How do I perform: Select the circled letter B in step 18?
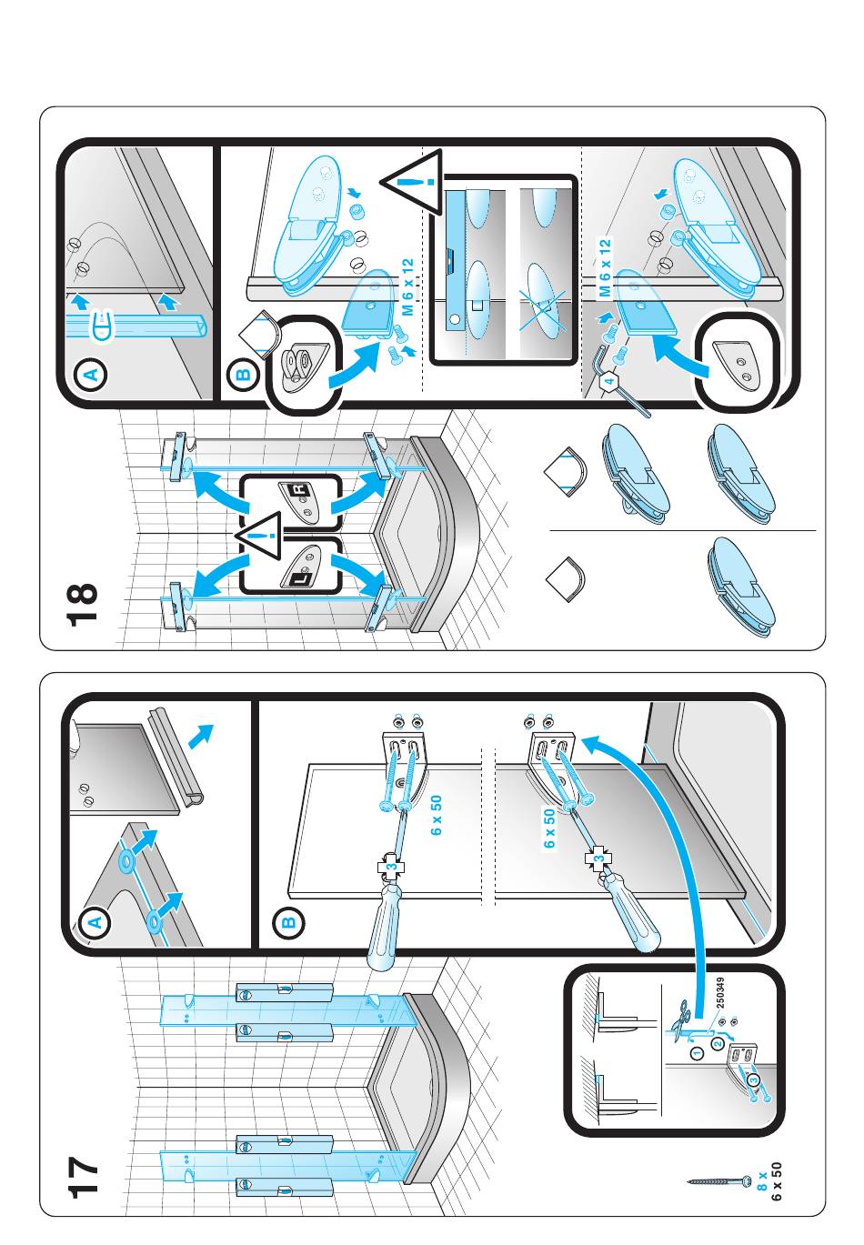243,374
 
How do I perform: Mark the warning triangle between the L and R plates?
264,538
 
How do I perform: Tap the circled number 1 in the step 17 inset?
696,1054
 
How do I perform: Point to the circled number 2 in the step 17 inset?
718,1043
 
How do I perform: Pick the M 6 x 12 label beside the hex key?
604,269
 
